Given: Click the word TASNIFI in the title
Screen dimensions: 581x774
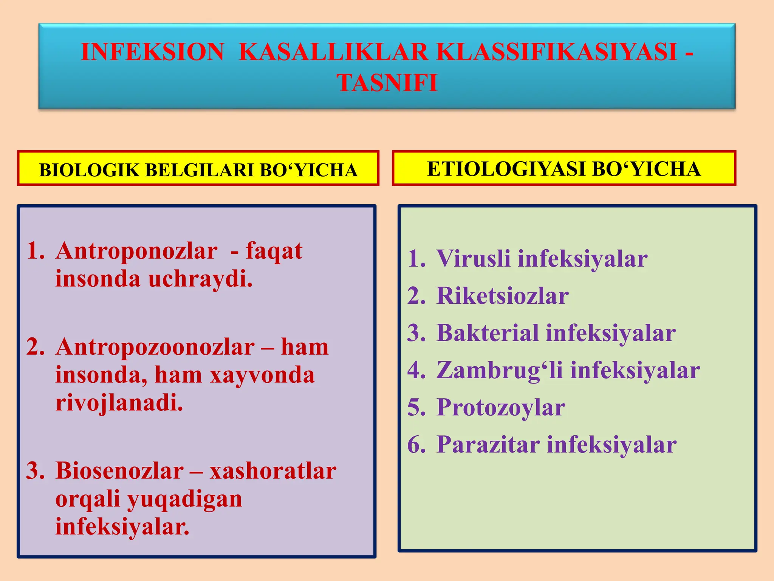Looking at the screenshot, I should [387, 82].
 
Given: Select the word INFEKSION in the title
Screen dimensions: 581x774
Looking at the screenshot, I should [152, 51].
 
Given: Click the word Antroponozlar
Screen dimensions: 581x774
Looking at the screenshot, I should [136, 251].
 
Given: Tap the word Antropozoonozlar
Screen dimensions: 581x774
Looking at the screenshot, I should [155, 347].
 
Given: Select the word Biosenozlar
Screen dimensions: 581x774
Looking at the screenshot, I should [119, 471].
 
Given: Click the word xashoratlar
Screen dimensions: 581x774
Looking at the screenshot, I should [273, 471].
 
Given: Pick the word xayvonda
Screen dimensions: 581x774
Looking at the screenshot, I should [262, 375].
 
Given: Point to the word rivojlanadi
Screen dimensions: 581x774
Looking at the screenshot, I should [119, 403].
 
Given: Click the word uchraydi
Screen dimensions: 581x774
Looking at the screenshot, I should [200, 279].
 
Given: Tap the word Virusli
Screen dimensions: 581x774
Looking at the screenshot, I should [474, 259].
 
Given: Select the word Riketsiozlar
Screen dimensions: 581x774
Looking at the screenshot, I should [502, 296].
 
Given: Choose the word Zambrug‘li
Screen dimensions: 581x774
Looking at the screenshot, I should [500, 370].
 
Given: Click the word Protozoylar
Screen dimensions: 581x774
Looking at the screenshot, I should [501, 408].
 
